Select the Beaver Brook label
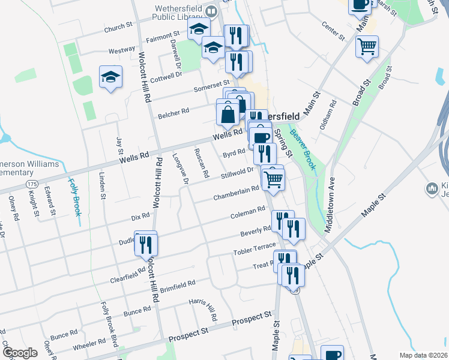coord(303,149)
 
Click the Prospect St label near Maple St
coord(252,317)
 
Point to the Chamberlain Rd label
coord(237,193)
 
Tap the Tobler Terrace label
coord(255,248)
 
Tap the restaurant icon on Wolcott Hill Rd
coord(146,244)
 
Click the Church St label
coord(118,27)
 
